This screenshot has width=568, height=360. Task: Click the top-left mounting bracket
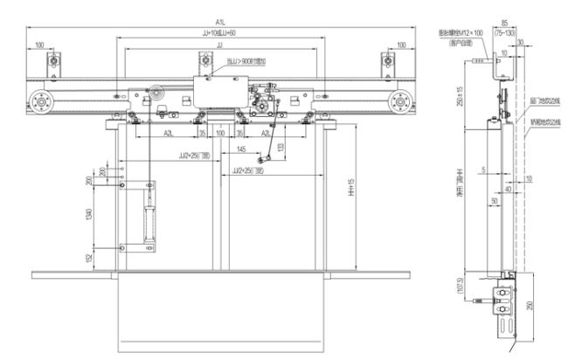pos(56,61)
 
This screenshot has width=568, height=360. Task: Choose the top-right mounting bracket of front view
pos(385,61)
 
